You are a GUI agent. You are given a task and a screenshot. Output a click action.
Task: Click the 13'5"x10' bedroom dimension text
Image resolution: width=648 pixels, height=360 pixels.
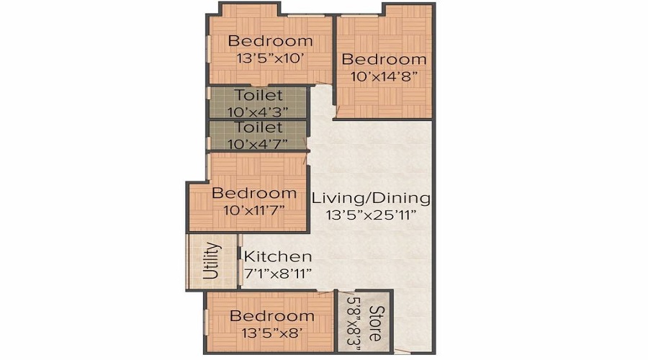point(271,58)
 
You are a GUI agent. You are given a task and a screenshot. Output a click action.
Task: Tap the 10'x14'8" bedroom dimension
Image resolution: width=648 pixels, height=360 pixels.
point(383,76)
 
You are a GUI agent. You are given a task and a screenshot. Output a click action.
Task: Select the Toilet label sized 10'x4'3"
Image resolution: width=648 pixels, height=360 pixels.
point(258,95)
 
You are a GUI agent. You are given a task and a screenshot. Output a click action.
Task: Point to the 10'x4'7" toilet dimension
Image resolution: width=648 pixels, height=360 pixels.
point(258,144)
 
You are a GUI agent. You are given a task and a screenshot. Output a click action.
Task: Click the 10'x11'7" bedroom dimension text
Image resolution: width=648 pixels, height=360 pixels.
point(254,210)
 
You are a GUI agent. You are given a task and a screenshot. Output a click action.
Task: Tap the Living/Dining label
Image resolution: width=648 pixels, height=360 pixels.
point(371,198)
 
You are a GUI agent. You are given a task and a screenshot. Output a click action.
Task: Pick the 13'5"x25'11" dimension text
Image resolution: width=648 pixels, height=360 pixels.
point(371,215)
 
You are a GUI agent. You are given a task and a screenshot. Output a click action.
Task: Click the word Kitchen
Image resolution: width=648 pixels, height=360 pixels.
point(278,256)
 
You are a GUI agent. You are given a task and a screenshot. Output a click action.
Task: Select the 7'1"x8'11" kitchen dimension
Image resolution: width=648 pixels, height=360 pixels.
point(277,273)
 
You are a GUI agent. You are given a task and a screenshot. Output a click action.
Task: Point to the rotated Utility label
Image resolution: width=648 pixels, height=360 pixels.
point(211,261)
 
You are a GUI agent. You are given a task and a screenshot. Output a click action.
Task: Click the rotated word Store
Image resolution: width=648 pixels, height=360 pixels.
point(375,323)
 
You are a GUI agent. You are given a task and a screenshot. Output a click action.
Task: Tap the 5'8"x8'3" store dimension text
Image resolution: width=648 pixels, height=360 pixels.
point(354,323)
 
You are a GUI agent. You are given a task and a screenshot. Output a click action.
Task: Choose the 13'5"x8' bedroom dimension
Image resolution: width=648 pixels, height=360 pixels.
point(272,333)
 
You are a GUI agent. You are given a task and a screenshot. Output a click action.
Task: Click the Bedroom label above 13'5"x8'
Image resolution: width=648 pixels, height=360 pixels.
point(272,316)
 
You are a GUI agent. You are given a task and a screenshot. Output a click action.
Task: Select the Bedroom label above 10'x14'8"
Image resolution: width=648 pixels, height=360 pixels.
point(384,59)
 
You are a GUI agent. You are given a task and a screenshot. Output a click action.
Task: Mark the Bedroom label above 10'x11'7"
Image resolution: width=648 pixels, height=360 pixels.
point(254,193)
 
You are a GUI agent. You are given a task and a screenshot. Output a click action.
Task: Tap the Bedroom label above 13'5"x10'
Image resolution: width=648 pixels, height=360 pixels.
point(271,41)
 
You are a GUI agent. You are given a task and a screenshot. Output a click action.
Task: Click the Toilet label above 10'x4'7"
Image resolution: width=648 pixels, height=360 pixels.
point(258,127)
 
